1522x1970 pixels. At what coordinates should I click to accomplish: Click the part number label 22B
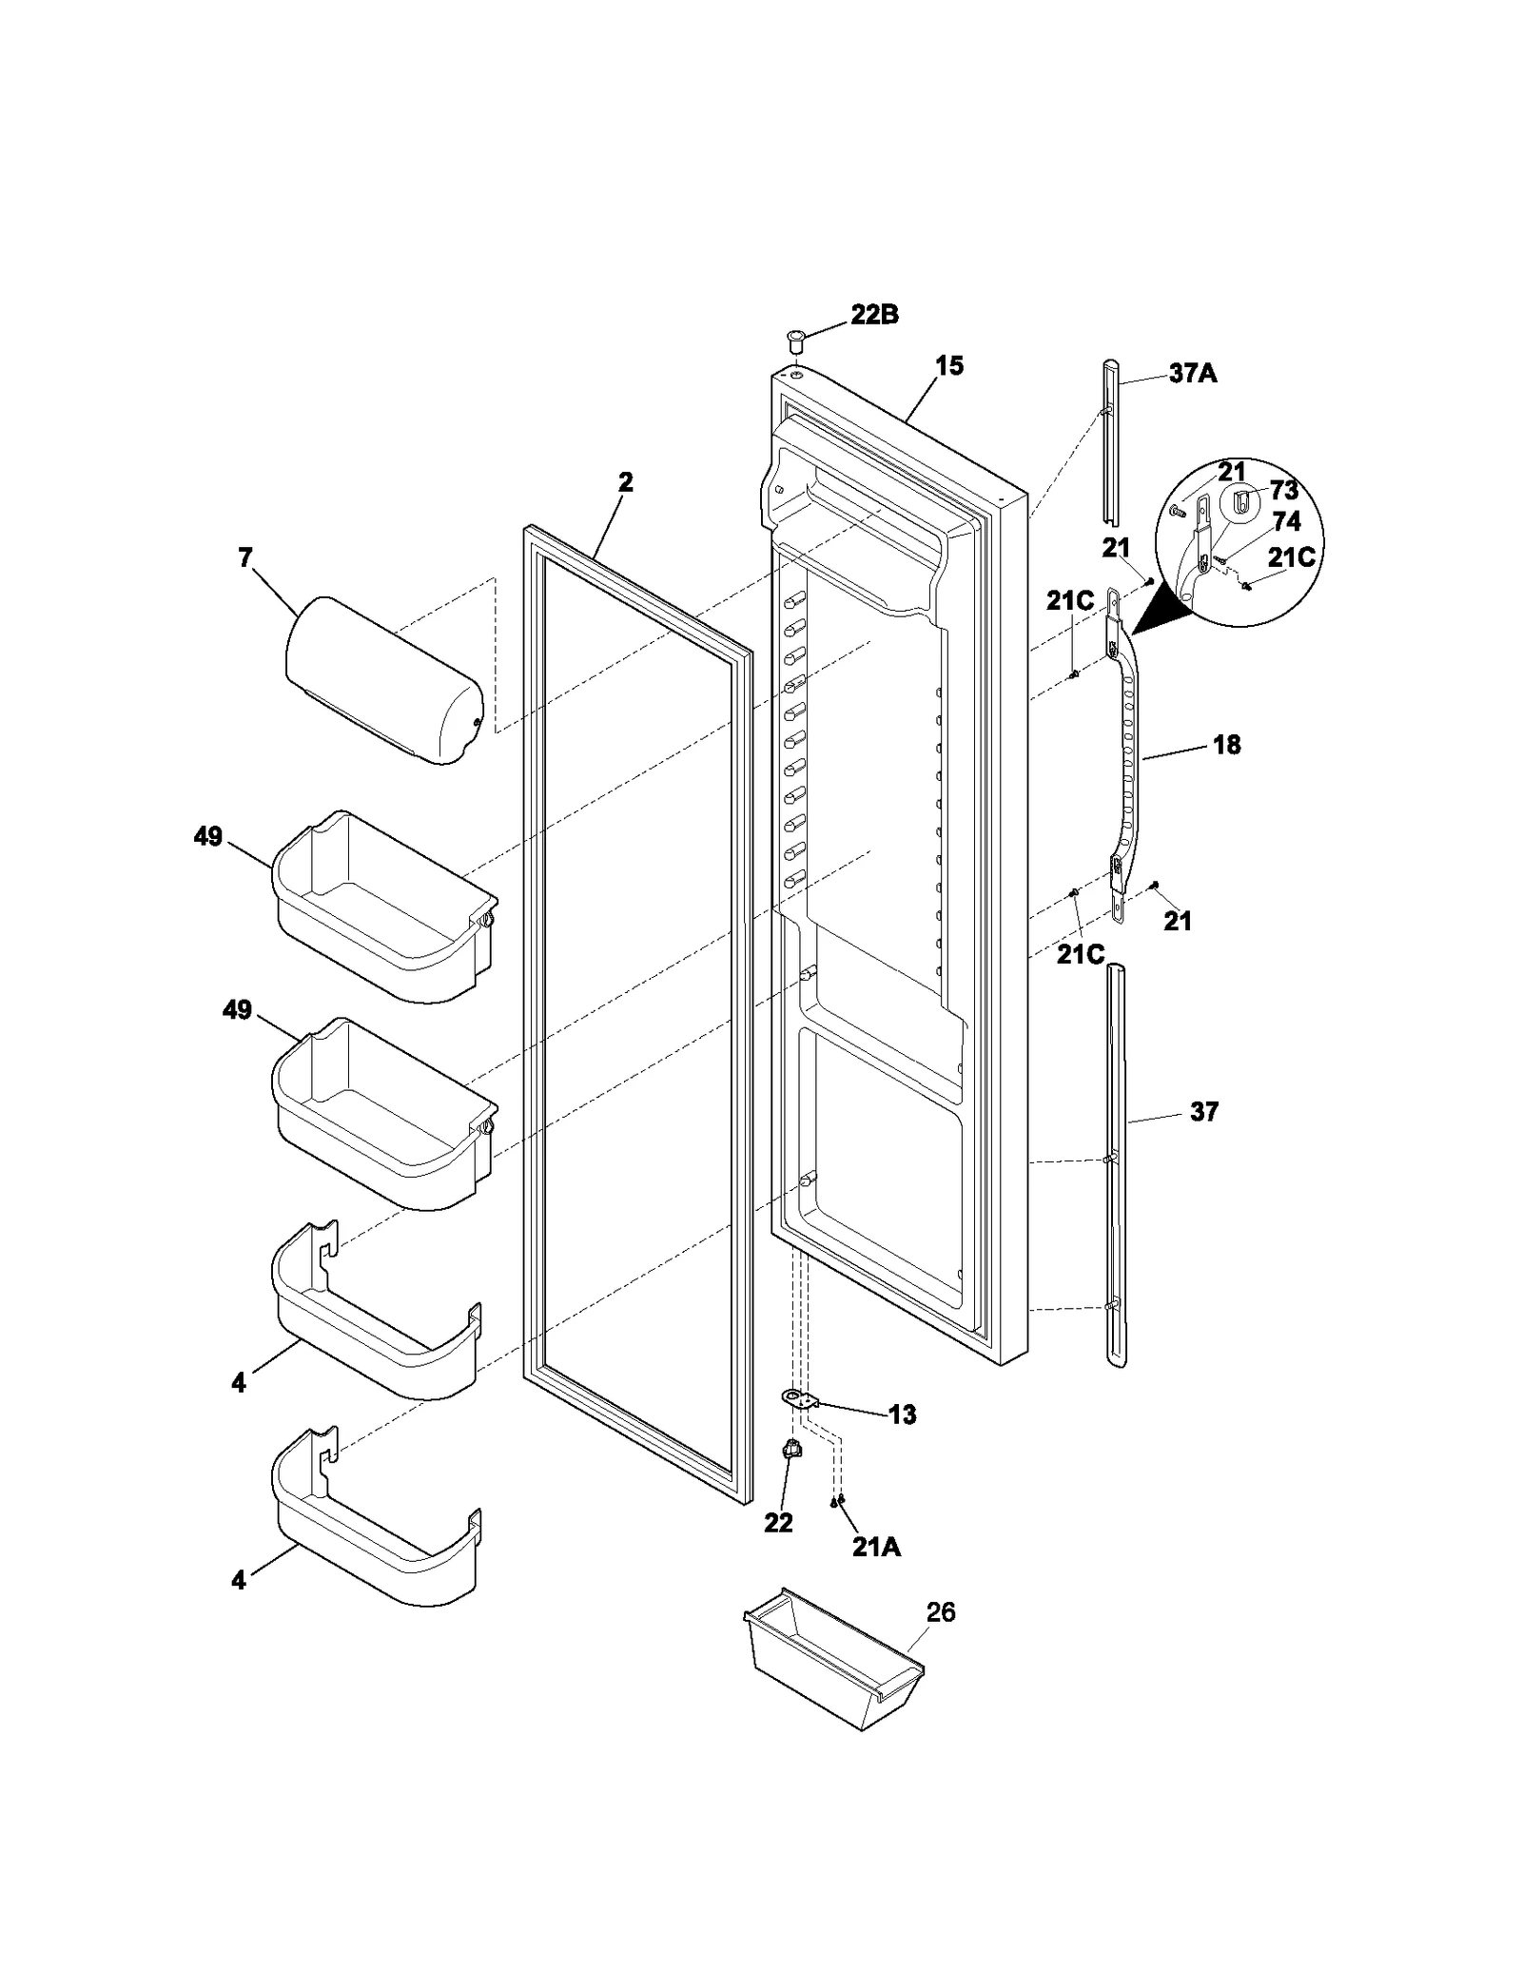point(873,315)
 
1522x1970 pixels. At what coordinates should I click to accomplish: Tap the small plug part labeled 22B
point(794,337)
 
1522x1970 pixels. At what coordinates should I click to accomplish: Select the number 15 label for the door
point(948,365)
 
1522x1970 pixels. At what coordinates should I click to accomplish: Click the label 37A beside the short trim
point(1192,373)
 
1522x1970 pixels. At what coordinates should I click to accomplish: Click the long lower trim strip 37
point(1117,1165)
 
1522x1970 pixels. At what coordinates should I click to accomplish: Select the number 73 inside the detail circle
point(1283,490)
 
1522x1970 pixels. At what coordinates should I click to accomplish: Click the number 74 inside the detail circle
point(1285,520)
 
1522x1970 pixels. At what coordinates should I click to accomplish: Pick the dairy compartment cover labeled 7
point(384,680)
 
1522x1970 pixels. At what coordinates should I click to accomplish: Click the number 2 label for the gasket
point(624,481)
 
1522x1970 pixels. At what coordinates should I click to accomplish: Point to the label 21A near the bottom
point(875,1548)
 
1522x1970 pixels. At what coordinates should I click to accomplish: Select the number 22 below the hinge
point(777,1523)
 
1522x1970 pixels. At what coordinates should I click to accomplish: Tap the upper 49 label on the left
point(208,836)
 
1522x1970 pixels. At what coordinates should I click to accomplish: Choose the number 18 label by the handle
point(1226,744)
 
